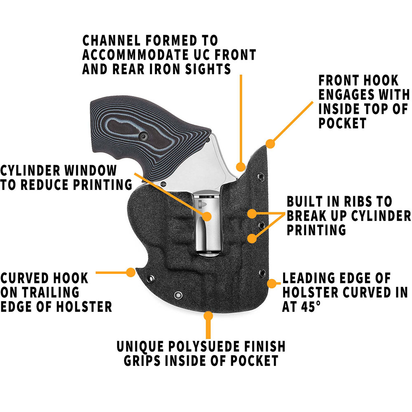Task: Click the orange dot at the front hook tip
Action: point(270,143)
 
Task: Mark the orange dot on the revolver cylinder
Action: point(206,215)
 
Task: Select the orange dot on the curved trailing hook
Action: point(131,272)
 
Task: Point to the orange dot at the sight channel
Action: point(240,166)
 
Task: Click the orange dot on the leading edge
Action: point(272,283)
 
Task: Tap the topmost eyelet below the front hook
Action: point(261,177)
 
